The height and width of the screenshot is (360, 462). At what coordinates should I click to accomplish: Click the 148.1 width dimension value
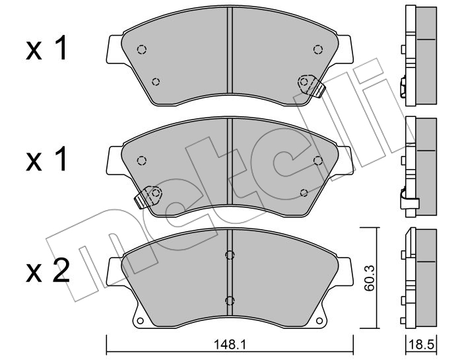pyautogui.click(x=230, y=343)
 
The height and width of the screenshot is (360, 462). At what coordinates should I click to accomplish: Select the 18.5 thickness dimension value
pyautogui.click(x=422, y=344)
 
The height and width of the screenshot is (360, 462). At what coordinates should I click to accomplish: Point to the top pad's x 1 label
pyautogui.click(x=47, y=49)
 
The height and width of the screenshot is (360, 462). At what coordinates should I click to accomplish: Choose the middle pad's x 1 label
pyautogui.click(x=47, y=160)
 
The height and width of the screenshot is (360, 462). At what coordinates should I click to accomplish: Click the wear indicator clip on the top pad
pyautogui.click(x=311, y=85)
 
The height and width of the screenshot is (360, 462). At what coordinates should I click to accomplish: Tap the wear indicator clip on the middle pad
pyautogui.click(x=148, y=196)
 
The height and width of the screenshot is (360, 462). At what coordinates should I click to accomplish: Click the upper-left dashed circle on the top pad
pyautogui.click(x=142, y=50)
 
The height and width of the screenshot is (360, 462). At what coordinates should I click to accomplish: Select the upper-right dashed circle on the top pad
pyautogui.click(x=317, y=50)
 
